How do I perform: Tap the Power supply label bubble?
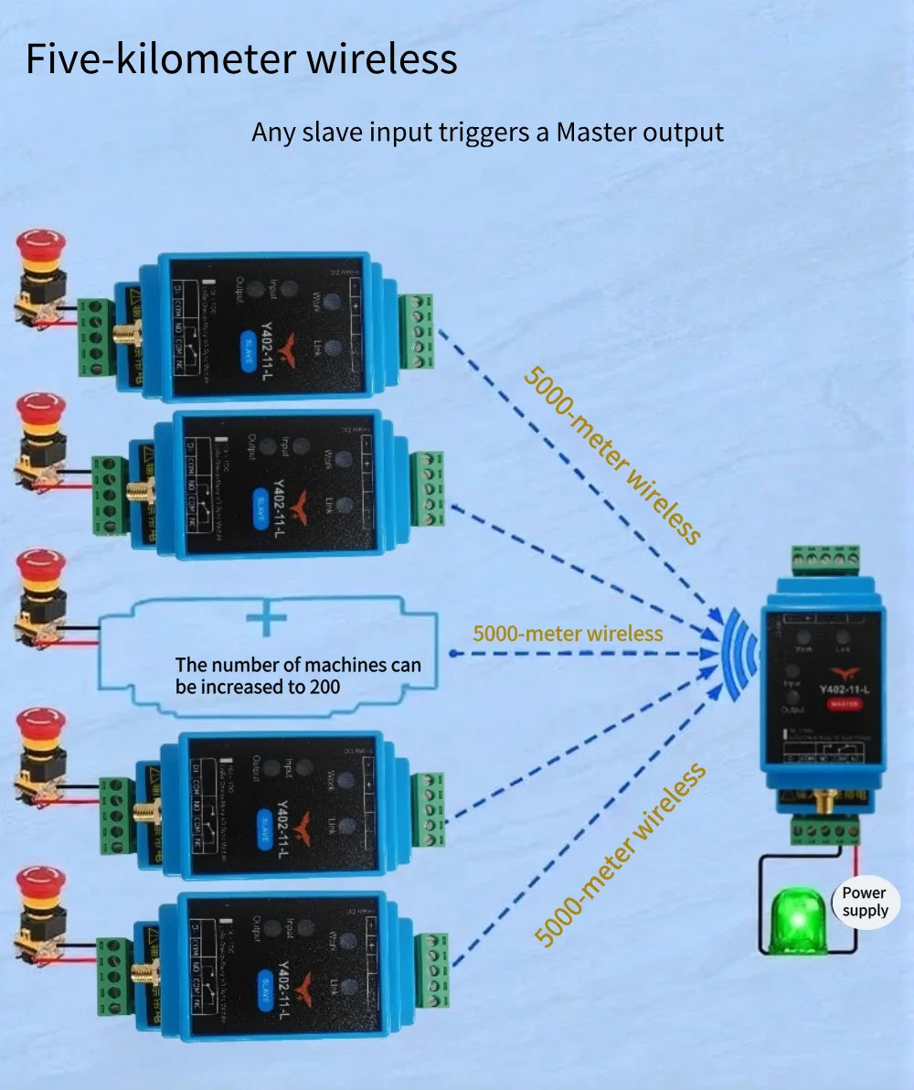pyautogui.click(x=864, y=902)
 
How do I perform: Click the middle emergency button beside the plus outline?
pyautogui.click(x=41, y=571)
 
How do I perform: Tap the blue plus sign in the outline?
pyautogui.click(x=266, y=619)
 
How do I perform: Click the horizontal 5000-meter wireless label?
pyautogui.click(x=568, y=633)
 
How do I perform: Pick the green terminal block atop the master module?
pyautogui.click(x=824, y=559)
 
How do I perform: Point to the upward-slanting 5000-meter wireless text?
pyautogui.click(x=619, y=854)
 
